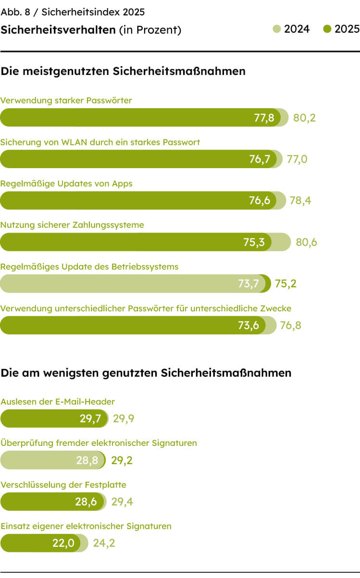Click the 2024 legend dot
coord(276,30)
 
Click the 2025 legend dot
coord(327,30)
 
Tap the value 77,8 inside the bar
coord(264,118)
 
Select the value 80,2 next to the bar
coord(304,118)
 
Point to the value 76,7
coord(260,159)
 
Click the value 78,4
coord(300,200)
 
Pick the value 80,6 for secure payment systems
coord(306,242)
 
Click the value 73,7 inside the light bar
coord(248,283)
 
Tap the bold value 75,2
coord(286,283)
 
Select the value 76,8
coord(291,325)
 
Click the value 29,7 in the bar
coord(90,418)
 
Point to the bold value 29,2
coord(122,460)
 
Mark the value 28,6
coord(86,502)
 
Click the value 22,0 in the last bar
coord(63,543)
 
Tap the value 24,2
coord(104,543)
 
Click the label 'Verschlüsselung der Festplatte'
coord(63,485)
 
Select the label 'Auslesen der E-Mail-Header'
coord(58,402)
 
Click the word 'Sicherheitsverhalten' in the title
coord(58,30)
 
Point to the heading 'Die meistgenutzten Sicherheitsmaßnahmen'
coord(123,71)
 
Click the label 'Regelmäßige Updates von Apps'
coord(66,184)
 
